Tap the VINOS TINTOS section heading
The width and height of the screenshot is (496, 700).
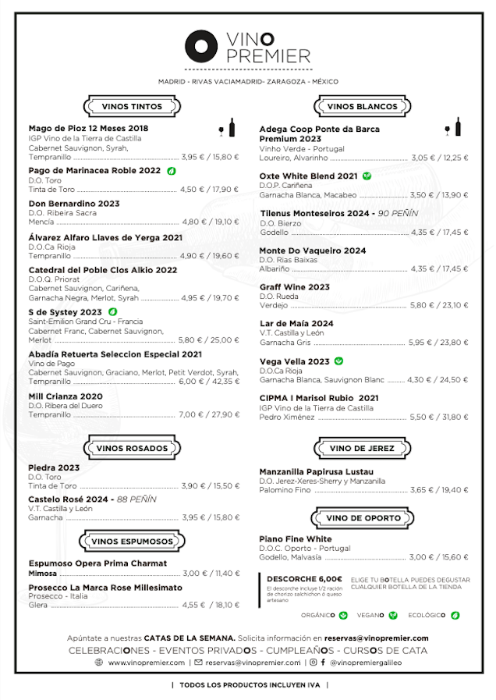click(132, 106)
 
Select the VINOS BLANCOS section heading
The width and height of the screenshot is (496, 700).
click(362, 106)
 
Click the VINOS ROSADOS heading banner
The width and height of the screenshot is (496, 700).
click(132, 448)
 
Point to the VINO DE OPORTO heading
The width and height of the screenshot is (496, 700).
click(362, 518)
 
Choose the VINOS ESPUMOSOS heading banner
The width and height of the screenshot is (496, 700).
click(132, 541)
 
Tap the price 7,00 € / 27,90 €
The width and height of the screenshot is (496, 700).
click(210, 414)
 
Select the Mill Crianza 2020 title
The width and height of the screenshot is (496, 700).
click(66, 396)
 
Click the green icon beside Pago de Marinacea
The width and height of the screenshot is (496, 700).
click(171, 170)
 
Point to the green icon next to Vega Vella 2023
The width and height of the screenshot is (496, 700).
click(338, 361)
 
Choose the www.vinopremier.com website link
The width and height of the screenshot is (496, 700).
click(146, 662)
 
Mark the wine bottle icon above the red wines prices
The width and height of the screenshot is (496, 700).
click(232, 128)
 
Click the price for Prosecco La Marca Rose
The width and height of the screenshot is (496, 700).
click(211, 604)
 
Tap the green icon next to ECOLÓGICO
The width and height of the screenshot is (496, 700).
click(455, 615)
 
